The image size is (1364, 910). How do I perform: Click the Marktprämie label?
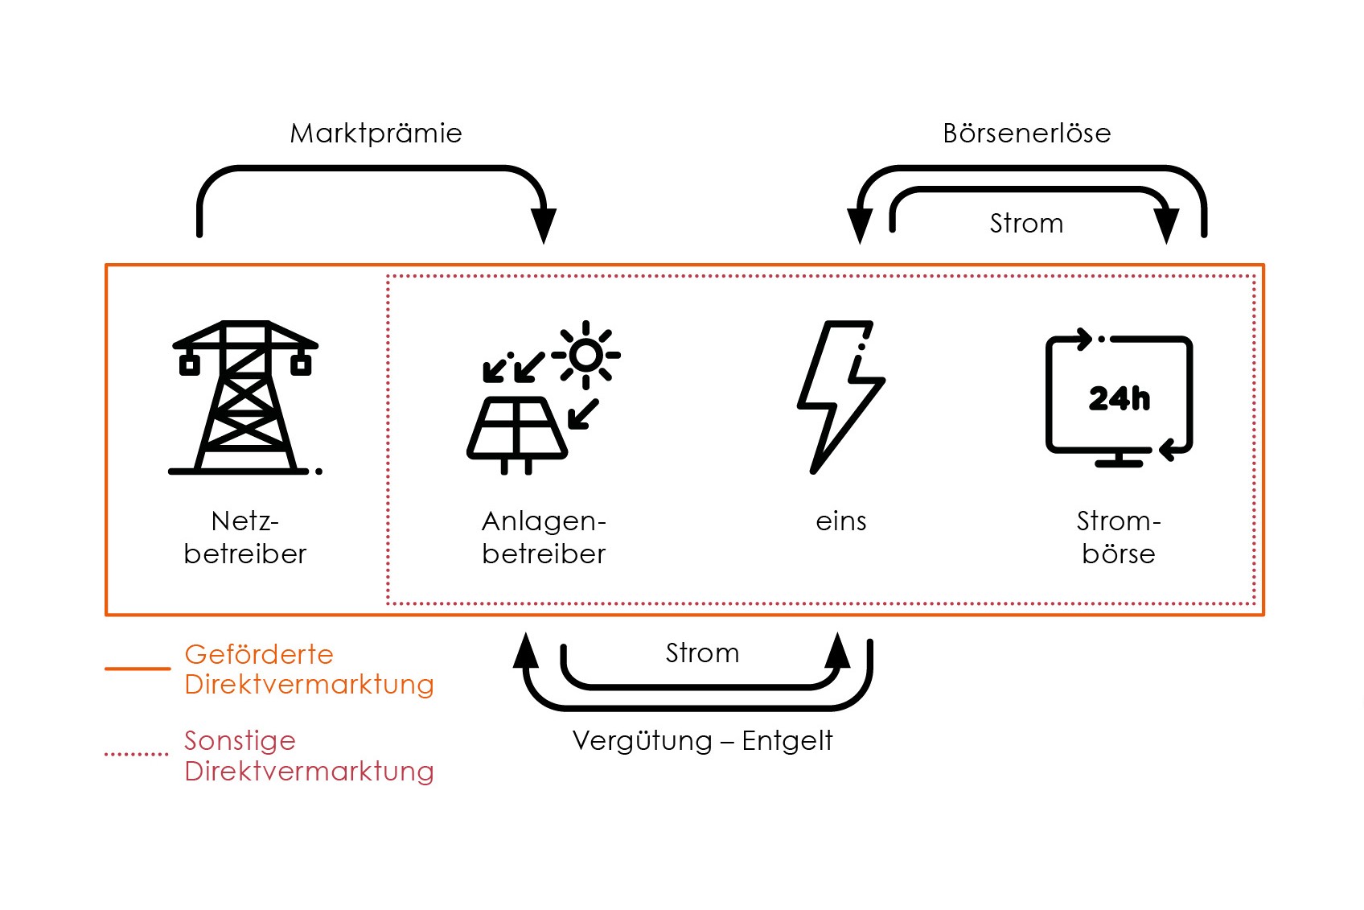click(x=376, y=134)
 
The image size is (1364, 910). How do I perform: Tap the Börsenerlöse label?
click(x=1026, y=134)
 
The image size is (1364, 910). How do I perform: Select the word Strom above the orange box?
click(x=1026, y=224)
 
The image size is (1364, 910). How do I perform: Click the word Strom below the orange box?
click(x=702, y=653)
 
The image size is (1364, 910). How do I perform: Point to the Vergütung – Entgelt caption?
click(x=702, y=741)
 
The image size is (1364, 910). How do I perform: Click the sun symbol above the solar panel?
click(x=586, y=355)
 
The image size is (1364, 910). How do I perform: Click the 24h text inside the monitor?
click(x=1119, y=398)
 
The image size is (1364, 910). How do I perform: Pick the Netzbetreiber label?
click(x=244, y=537)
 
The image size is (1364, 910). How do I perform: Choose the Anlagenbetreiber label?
click(x=544, y=537)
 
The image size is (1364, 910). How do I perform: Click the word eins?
click(x=840, y=521)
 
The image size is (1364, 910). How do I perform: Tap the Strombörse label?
click(x=1118, y=537)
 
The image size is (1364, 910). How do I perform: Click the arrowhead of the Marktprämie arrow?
click(x=544, y=224)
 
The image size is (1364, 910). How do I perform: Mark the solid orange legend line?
click(x=138, y=669)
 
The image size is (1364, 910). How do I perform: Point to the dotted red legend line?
click(x=137, y=755)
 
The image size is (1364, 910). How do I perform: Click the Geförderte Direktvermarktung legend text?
click(x=309, y=669)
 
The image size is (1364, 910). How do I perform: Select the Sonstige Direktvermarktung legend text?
click(x=309, y=756)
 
